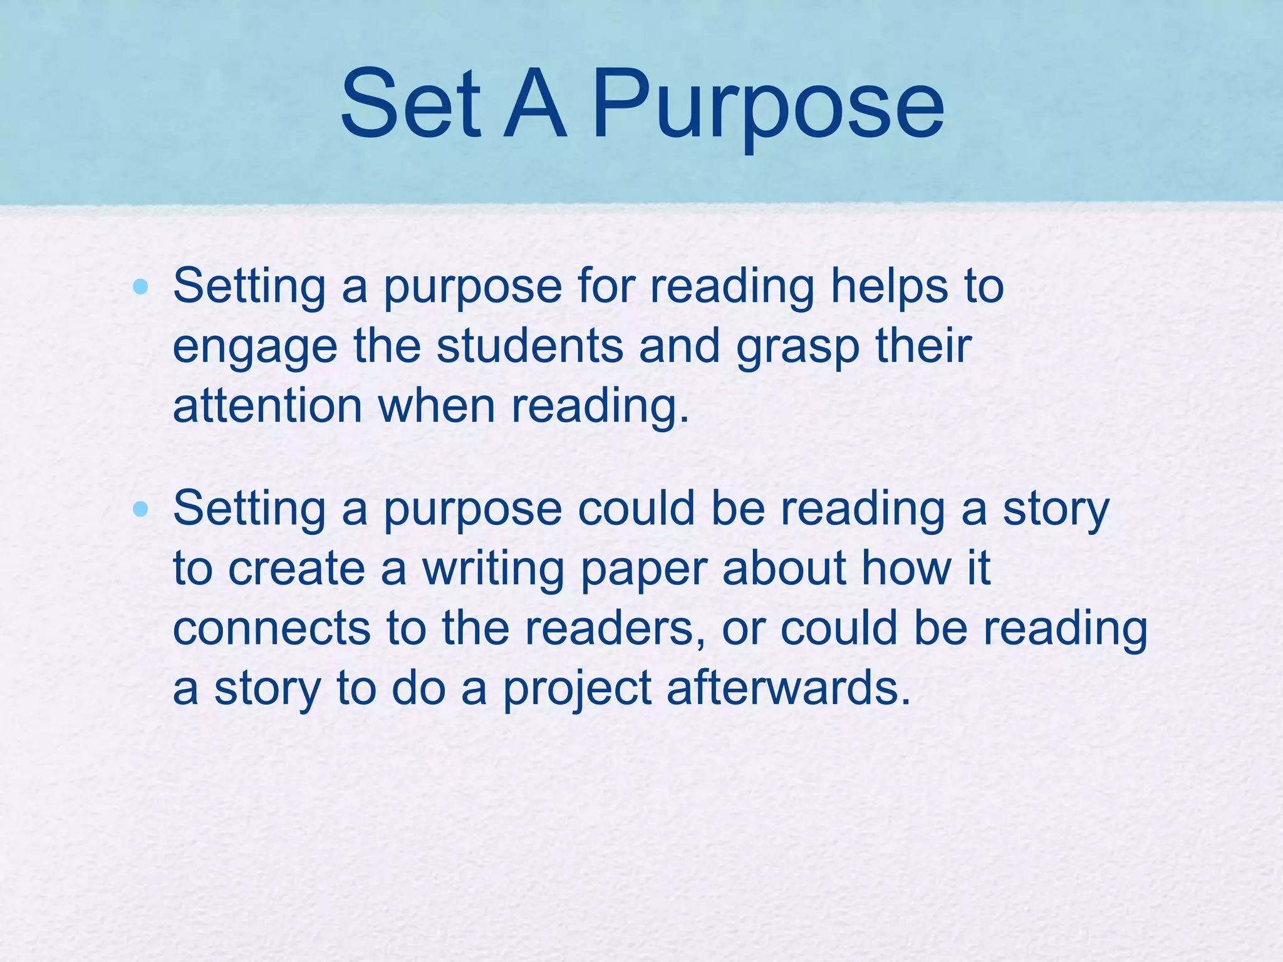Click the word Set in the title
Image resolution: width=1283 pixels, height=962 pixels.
[410, 103]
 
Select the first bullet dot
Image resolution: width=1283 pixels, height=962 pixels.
[141, 287]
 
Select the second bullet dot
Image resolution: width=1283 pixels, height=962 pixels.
[141, 509]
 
